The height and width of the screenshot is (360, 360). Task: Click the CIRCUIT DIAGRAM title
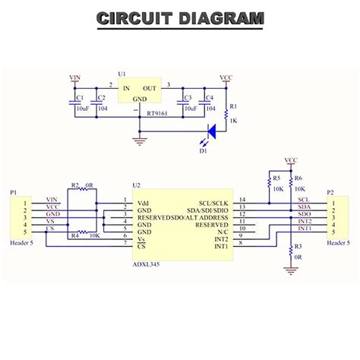pyautogui.click(x=181, y=18)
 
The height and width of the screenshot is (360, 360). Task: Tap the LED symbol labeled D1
pyautogui.click(x=210, y=131)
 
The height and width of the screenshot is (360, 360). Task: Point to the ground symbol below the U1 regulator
pyautogui.click(x=138, y=140)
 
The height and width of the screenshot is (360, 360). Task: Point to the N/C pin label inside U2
pyautogui.click(x=222, y=231)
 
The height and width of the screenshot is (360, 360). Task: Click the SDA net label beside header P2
pyautogui.click(x=303, y=207)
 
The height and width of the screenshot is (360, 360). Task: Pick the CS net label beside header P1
pyautogui.click(x=50, y=227)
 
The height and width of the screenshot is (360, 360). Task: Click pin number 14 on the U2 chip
pyautogui.click(x=242, y=199)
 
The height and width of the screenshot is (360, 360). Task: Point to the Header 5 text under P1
pyautogui.click(x=21, y=243)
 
